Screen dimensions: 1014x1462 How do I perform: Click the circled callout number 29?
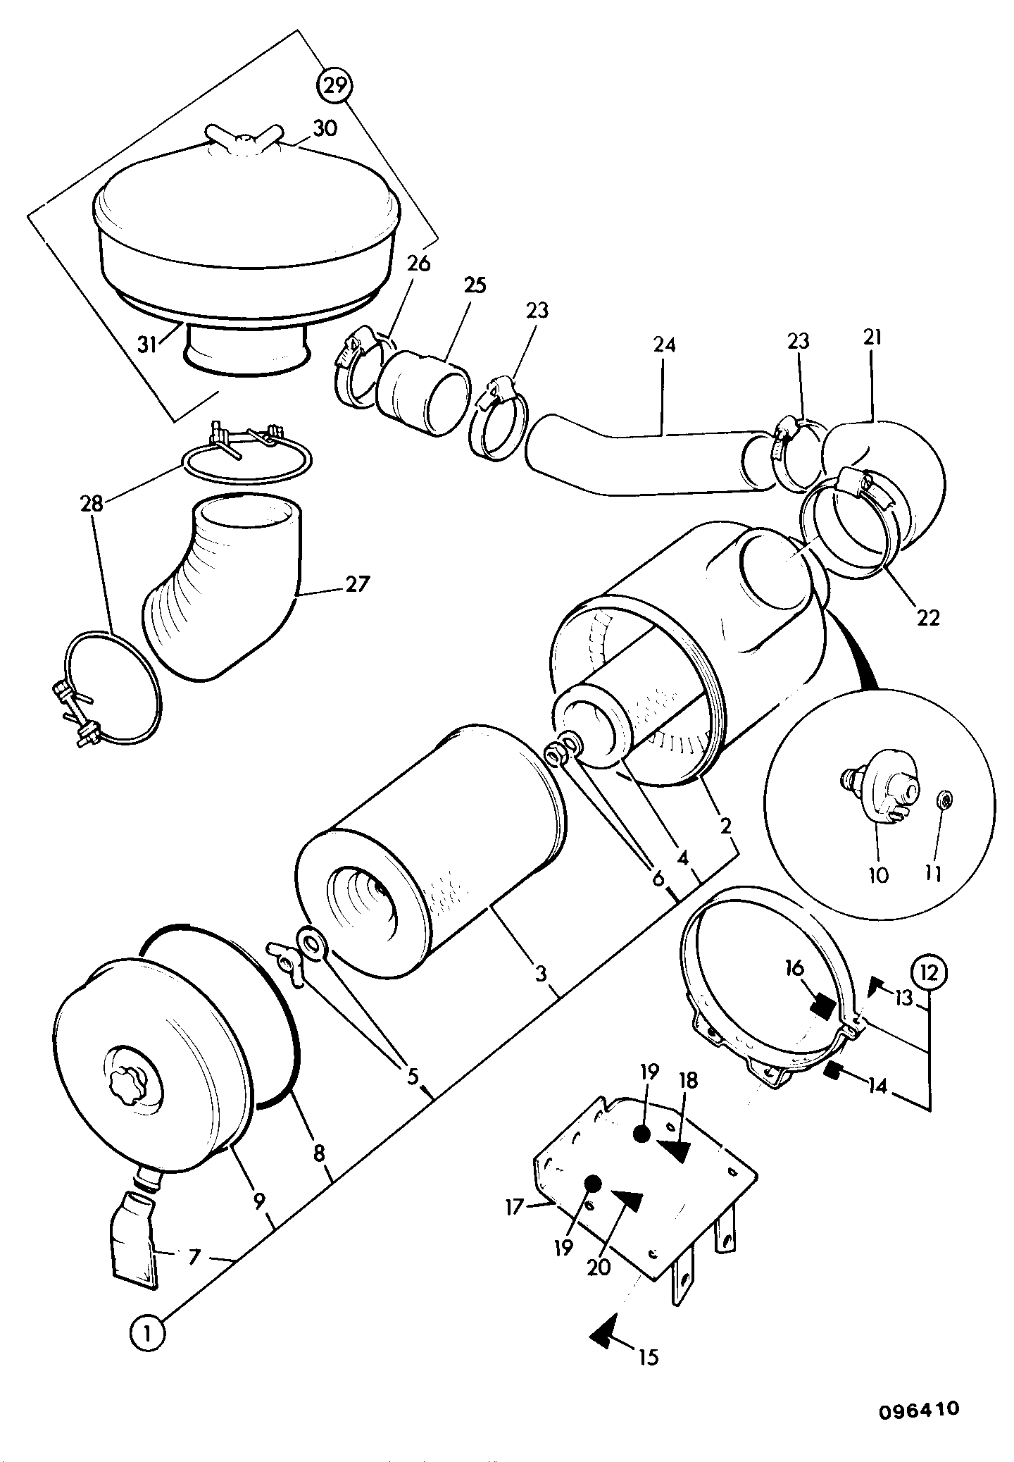(x=335, y=85)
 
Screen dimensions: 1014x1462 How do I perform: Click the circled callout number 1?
(x=147, y=1333)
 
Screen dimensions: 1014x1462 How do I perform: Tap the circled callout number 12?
(x=930, y=973)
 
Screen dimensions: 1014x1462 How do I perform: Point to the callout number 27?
(x=357, y=584)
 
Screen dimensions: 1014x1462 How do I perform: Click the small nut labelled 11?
(x=945, y=799)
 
